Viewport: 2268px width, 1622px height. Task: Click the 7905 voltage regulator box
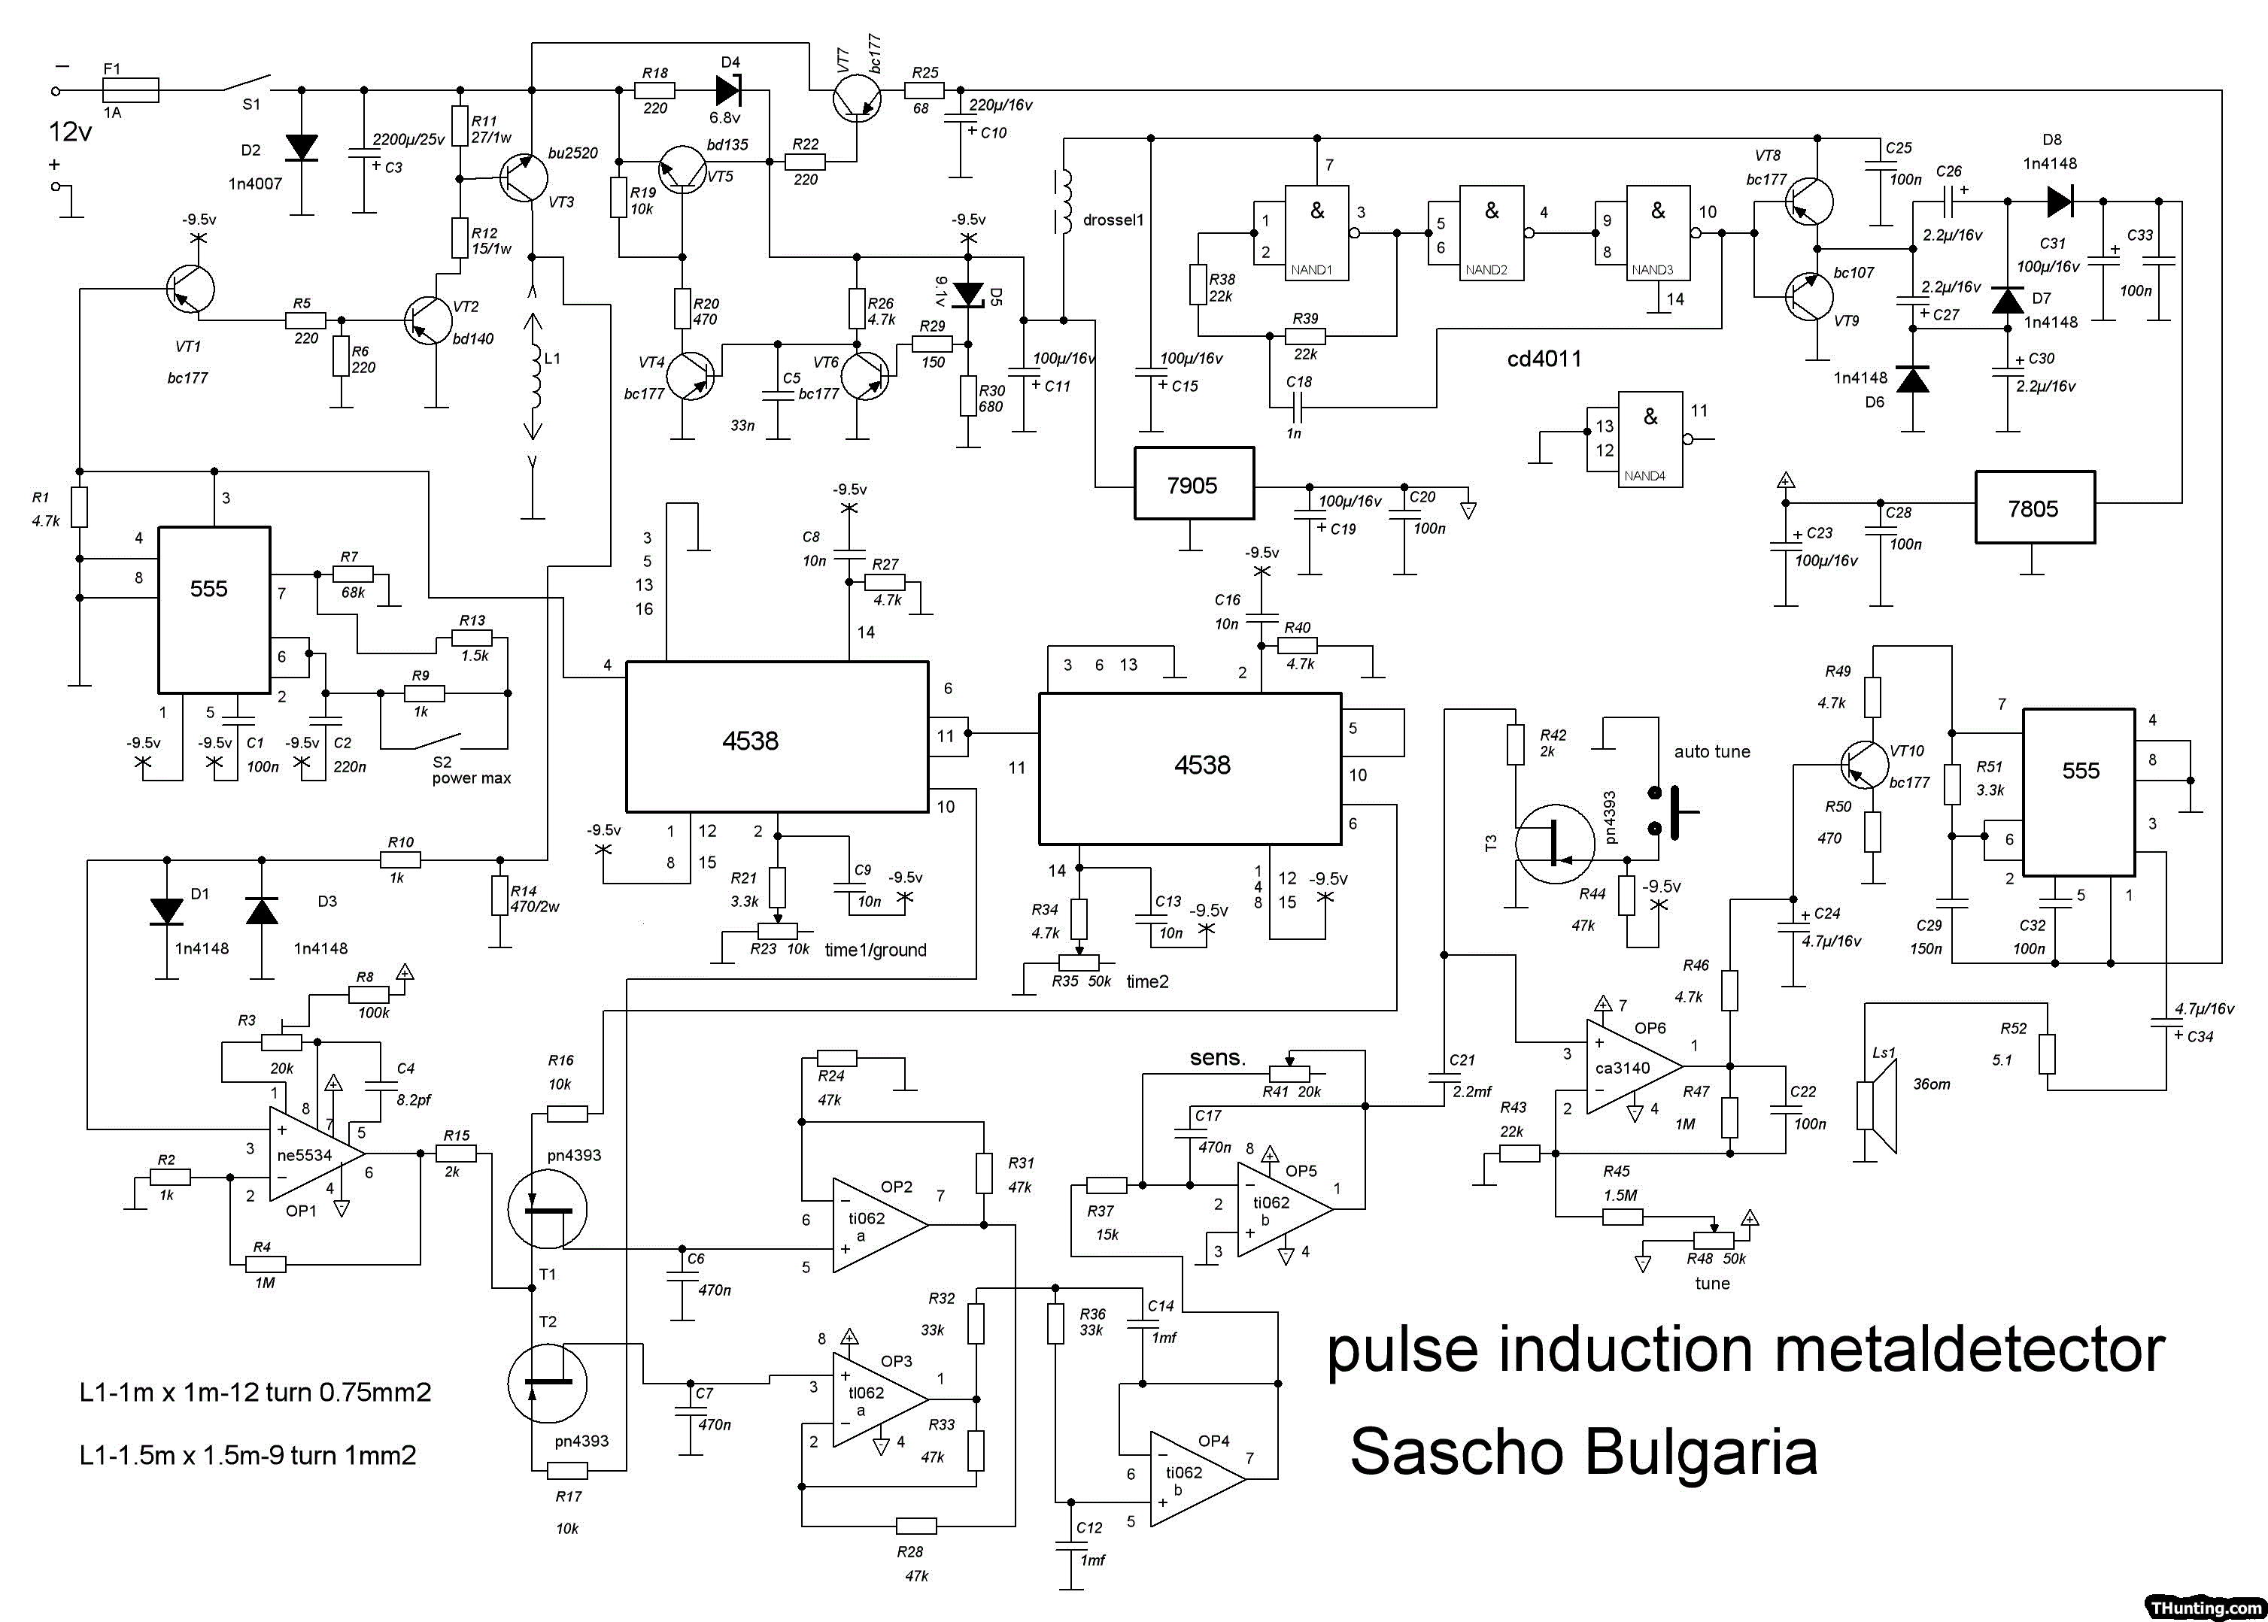pos(1193,484)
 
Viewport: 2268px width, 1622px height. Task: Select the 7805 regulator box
pos(2033,508)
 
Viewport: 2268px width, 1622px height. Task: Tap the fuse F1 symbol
pos(131,90)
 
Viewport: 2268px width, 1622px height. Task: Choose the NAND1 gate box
pos(1317,232)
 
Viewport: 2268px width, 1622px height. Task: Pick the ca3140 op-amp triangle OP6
pos(1631,1067)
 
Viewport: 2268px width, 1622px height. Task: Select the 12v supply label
pos(70,132)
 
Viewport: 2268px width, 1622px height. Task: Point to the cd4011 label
pos(1544,359)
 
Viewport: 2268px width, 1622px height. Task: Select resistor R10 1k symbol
pos(401,859)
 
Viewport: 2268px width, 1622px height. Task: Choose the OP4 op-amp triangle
pos(1195,1478)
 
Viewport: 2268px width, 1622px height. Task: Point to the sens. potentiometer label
pos(1217,1058)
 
